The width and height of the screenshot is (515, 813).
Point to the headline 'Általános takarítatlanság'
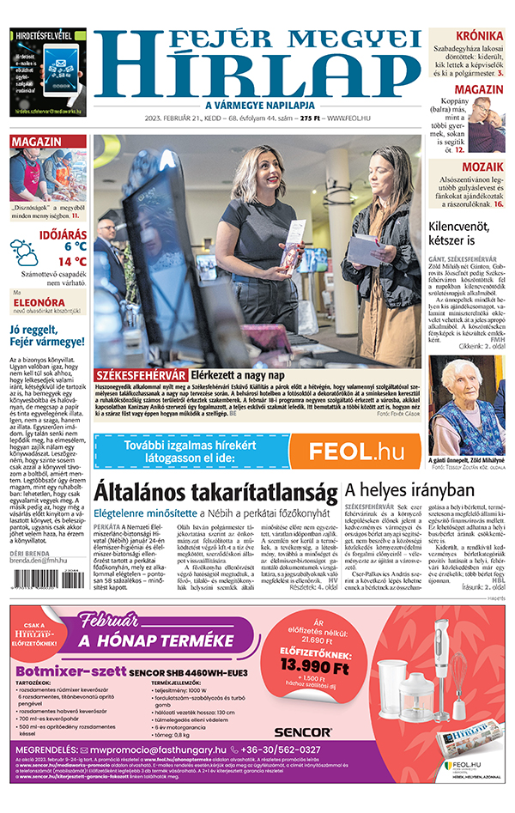pyautogui.click(x=215, y=492)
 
